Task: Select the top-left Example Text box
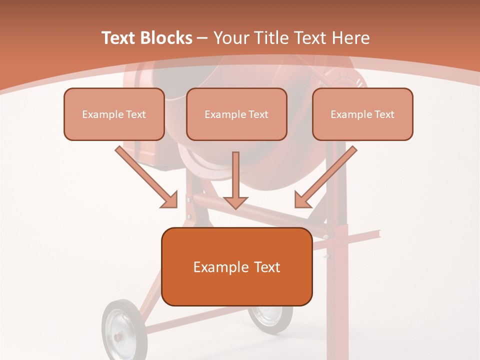114,114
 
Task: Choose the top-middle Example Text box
236,114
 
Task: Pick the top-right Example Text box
362,114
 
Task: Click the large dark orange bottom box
236,266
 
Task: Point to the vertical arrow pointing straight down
235,180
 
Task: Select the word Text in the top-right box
384,114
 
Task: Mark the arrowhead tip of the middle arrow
235,207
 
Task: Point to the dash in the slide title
202,38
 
